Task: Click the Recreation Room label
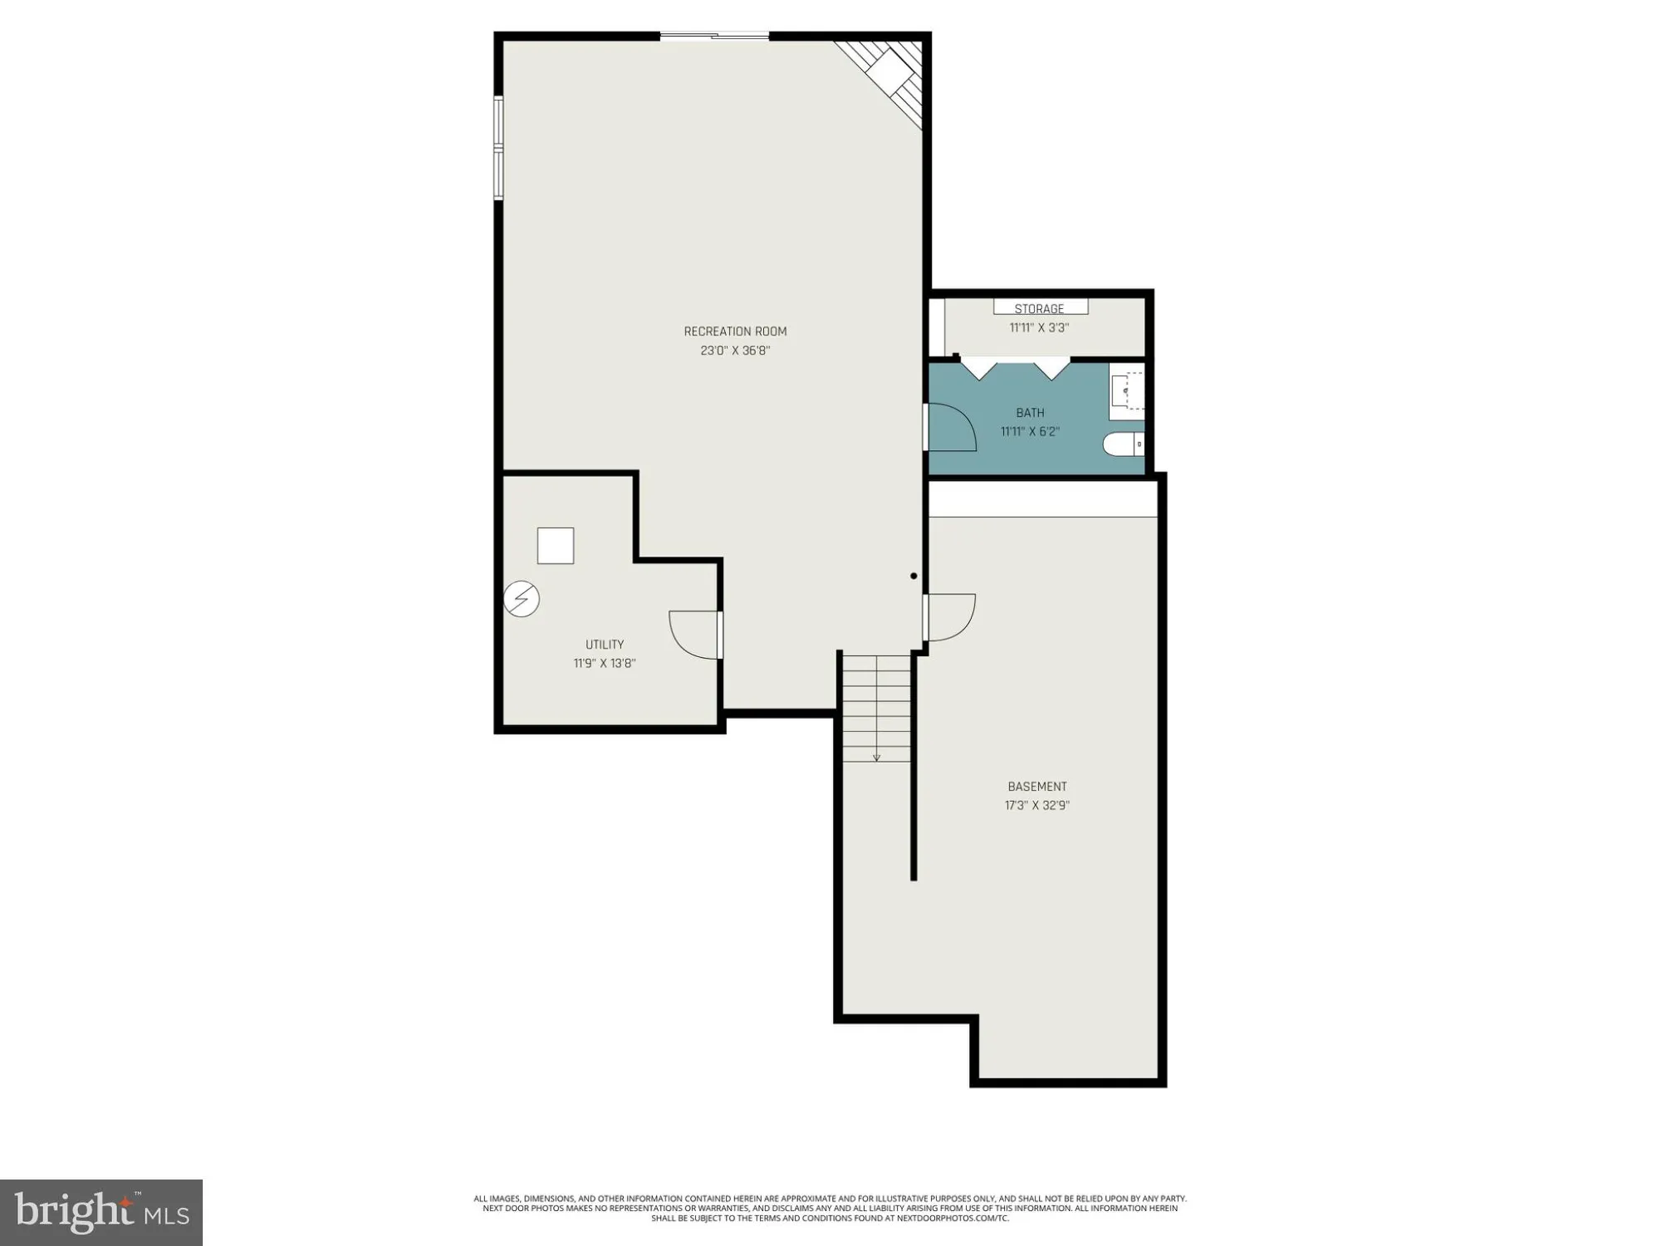735,331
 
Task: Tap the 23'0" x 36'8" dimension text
735,351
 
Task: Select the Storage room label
1039,309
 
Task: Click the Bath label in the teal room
1030,413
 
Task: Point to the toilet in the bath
1124,445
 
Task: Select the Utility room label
605,645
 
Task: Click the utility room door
696,635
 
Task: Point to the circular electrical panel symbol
522,599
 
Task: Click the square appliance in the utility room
556,546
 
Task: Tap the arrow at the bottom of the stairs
876,756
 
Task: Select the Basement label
1037,787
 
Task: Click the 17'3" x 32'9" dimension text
1037,805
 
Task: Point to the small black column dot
914,576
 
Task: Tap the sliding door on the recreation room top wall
714,36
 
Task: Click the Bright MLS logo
100,1212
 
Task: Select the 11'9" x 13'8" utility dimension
605,664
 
